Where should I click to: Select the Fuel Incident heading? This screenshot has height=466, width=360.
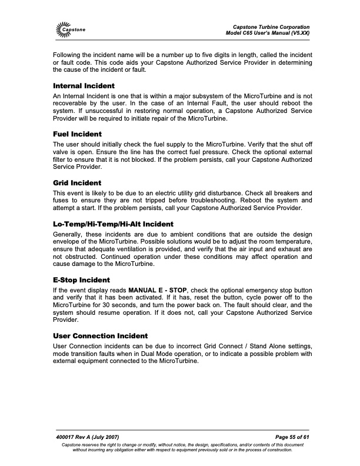pos(77,134)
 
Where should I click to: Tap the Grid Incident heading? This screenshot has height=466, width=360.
pos(77,183)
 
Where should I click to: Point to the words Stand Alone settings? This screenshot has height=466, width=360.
pos(280,346)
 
